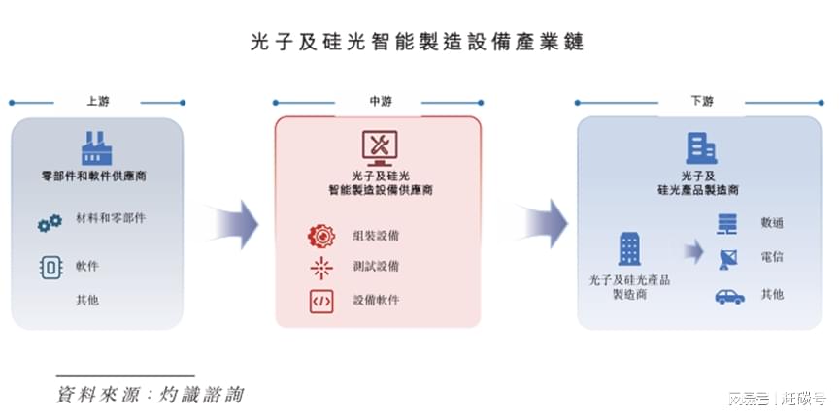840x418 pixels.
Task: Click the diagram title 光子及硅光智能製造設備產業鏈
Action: click(419, 44)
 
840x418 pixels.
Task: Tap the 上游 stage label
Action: click(97, 101)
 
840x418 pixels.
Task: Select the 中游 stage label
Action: click(380, 102)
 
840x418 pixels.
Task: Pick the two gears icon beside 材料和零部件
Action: click(50, 224)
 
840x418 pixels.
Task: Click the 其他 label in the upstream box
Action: click(87, 300)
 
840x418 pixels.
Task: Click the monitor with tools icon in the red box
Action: click(380, 146)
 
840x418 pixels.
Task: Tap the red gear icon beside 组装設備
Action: click(320, 236)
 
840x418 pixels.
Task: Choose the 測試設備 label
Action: click(375, 266)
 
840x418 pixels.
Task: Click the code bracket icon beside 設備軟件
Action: click(320, 301)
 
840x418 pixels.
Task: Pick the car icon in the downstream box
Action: click(728, 296)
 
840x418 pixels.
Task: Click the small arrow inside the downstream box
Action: click(691, 251)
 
